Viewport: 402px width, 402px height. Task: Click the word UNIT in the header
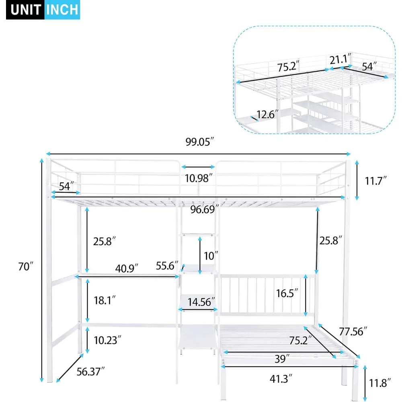[25, 10]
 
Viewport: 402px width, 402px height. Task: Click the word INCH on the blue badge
[62, 10]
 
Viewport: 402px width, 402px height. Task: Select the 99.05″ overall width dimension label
[200, 142]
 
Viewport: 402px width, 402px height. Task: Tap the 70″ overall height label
[26, 267]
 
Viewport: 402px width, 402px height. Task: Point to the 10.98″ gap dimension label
[199, 178]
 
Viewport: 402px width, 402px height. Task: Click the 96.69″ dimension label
[205, 209]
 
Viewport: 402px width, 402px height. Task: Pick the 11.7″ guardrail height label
[375, 181]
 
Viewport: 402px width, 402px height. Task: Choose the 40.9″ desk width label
[127, 269]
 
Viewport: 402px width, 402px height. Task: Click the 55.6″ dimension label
[167, 266]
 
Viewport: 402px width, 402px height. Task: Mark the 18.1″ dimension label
[105, 300]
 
